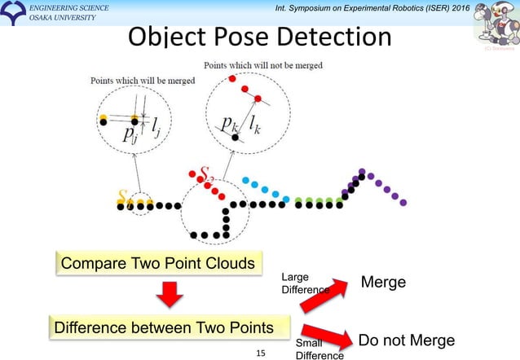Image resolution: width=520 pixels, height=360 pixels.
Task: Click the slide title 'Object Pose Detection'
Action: [259, 38]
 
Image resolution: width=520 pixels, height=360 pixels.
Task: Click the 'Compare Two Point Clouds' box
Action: [156, 263]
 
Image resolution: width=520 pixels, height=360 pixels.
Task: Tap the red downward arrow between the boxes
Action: [169, 295]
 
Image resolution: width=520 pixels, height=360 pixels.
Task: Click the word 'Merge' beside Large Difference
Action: [383, 282]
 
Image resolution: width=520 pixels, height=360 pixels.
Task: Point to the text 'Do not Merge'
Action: [407, 340]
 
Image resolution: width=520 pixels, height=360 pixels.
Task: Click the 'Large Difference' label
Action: [304, 283]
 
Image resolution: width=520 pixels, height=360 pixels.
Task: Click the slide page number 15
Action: [261, 353]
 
